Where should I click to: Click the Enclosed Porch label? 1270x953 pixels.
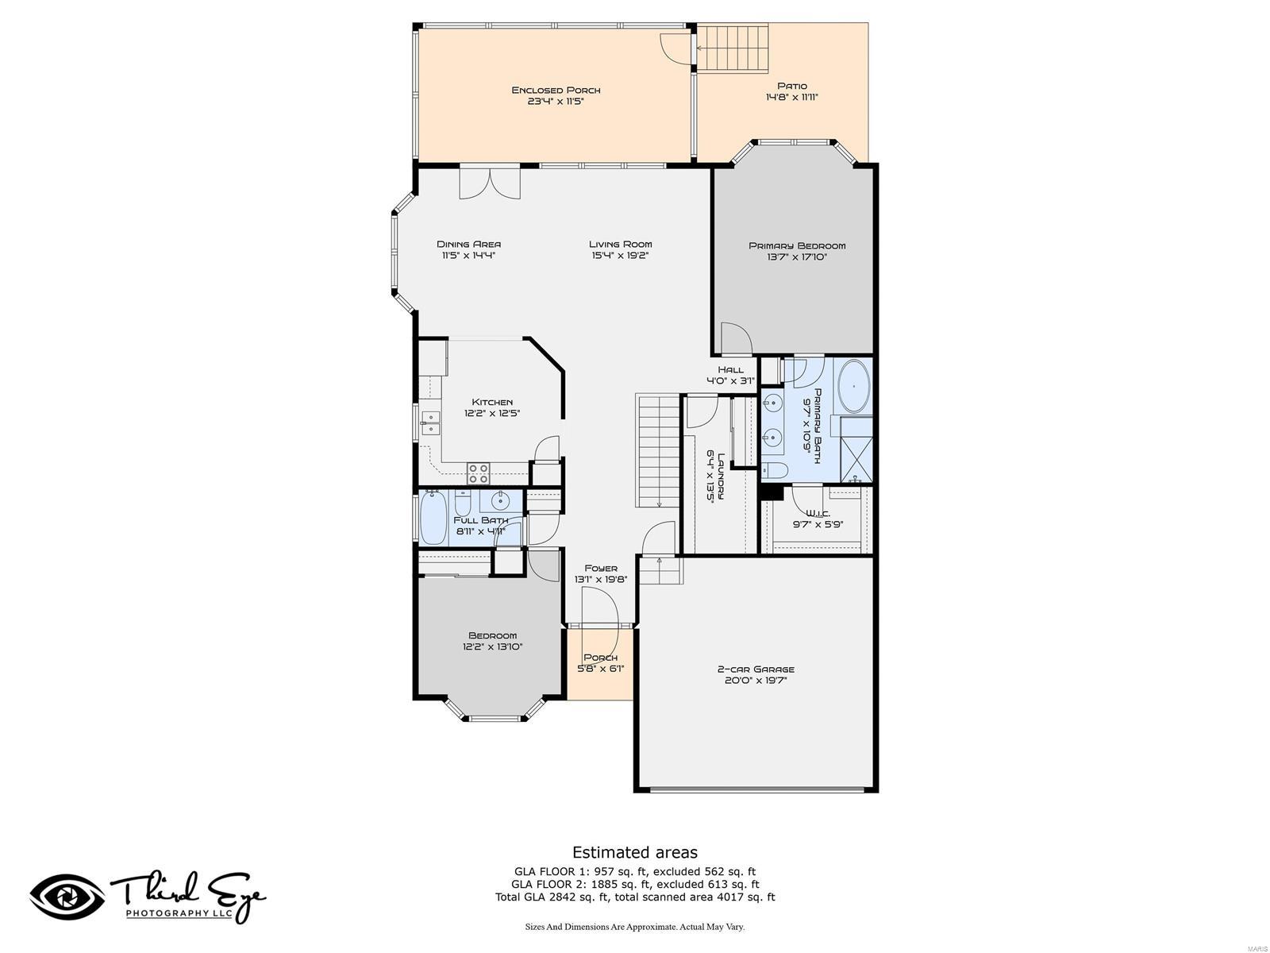[x=556, y=90]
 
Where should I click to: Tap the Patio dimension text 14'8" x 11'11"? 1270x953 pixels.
[x=791, y=98]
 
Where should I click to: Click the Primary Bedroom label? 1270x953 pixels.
[x=797, y=245]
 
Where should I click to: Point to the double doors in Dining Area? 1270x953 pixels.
[x=490, y=182]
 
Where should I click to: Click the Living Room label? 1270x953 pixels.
[x=620, y=244]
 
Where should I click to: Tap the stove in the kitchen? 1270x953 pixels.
[x=479, y=473]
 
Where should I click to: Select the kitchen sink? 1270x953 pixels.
[x=429, y=422]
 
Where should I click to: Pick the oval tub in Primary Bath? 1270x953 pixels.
[x=855, y=387]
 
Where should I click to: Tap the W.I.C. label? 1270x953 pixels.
[x=818, y=513]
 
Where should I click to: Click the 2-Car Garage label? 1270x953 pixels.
[x=756, y=669]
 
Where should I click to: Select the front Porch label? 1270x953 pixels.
[x=600, y=658]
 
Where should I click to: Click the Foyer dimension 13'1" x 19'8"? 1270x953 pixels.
[x=601, y=580]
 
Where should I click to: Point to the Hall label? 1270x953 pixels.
[x=730, y=369]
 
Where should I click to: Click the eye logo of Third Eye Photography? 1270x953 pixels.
[x=67, y=898]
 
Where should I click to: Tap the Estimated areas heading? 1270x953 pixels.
[x=634, y=852]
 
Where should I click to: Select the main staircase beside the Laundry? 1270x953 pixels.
[x=658, y=449]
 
